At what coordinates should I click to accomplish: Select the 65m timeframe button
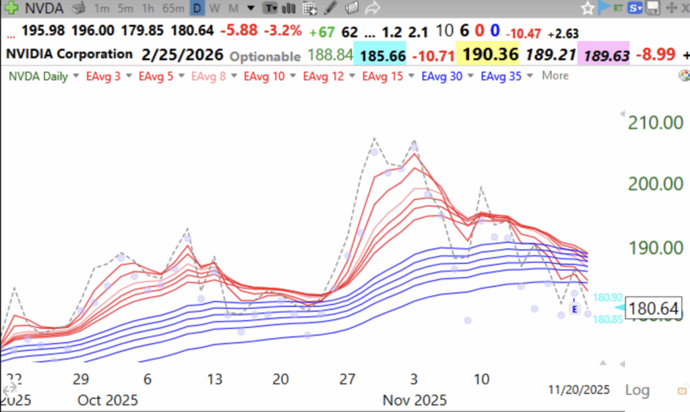[173, 9]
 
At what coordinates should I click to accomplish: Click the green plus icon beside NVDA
[11, 9]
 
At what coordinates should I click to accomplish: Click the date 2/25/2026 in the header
[182, 54]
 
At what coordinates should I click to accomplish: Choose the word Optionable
[265, 57]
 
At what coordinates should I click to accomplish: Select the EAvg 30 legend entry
[441, 76]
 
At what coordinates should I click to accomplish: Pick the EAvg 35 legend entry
[501, 76]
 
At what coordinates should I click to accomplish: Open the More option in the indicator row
[555, 76]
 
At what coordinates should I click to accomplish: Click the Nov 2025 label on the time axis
[414, 400]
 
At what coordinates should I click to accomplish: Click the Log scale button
[637, 390]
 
